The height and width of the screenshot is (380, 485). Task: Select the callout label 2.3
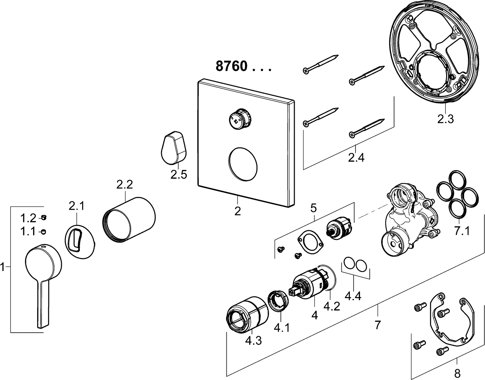tap(445, 119)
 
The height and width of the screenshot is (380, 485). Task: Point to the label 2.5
tap(178, 175)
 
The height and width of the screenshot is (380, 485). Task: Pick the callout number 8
tap(457, 373)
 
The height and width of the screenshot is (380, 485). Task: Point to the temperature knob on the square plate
tap(241, 119)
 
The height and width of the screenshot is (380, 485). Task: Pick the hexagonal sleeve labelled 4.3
tap(247, 313)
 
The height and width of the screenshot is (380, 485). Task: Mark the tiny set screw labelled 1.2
tap(43, 218)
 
